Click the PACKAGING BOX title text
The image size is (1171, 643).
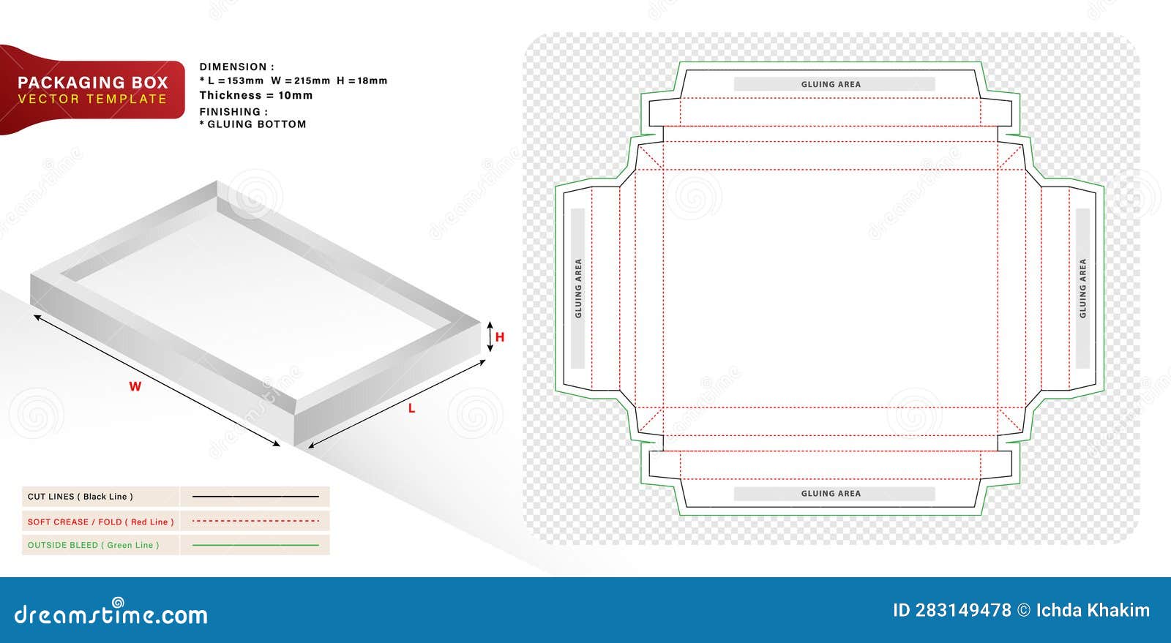click(92, 83)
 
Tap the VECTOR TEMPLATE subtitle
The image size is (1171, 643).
click(92, 99)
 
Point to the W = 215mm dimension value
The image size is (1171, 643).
click(300, 81)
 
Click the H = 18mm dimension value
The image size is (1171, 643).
click(362, 81)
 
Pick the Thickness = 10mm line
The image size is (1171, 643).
click(255, 96)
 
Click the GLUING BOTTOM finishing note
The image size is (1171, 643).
click(256, 124)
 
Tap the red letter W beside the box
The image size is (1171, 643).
click(135, 386)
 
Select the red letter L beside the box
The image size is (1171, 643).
click(411, 408)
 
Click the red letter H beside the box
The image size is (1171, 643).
click(500, 337)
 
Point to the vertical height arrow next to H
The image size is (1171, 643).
click(490, 336)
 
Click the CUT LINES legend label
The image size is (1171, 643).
click(81, 497)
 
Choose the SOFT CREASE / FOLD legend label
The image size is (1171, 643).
click(100, 522)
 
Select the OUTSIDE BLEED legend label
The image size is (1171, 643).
click(93, 545)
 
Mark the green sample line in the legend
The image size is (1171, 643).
click(255, 545)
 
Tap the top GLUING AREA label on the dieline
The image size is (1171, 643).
click(831, 85)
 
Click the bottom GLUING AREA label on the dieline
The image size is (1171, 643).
click(831, 494)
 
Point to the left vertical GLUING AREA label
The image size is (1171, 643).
click(578, 288)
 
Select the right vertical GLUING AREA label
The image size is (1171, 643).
click(1083, 288)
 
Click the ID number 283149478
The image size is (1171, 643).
click(963, 610)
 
